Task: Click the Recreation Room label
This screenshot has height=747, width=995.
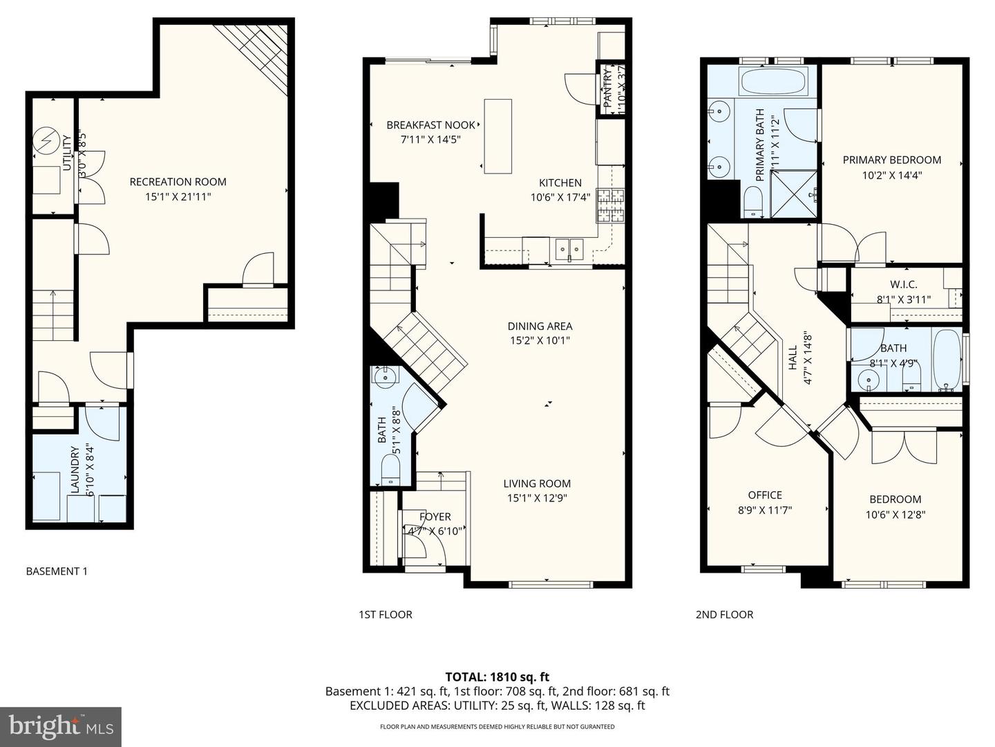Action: click(x=178, y=182)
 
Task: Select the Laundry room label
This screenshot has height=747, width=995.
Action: click(x=75, y=470)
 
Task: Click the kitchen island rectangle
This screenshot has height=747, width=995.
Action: click(x=498, y=136)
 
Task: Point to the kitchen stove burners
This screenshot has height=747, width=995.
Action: click(x=611, y=205)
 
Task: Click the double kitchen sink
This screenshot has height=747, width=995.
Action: click(x=569, y=248)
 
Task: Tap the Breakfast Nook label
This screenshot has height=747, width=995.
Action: click(x=430, y=125)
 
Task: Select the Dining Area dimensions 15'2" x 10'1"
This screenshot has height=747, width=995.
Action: click(x=540, y=340)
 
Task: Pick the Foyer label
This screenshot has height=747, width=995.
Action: click(x=435, y=517)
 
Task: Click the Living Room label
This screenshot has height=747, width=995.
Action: click(x=537, y=483)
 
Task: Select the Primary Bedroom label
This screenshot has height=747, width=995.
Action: click(x=891, y=160)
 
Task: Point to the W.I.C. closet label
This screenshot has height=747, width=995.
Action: click(x=903, y=284)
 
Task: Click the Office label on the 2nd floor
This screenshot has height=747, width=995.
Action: click(x=765, y=495)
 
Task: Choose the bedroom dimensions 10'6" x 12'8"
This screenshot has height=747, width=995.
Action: click(x=895, y=515)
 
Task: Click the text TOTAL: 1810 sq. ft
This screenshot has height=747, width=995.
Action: click(x=497, y=677)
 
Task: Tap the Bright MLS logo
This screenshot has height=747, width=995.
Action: click(x=60, y=726)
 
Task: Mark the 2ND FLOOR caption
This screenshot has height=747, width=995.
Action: click(x=724, y=614)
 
